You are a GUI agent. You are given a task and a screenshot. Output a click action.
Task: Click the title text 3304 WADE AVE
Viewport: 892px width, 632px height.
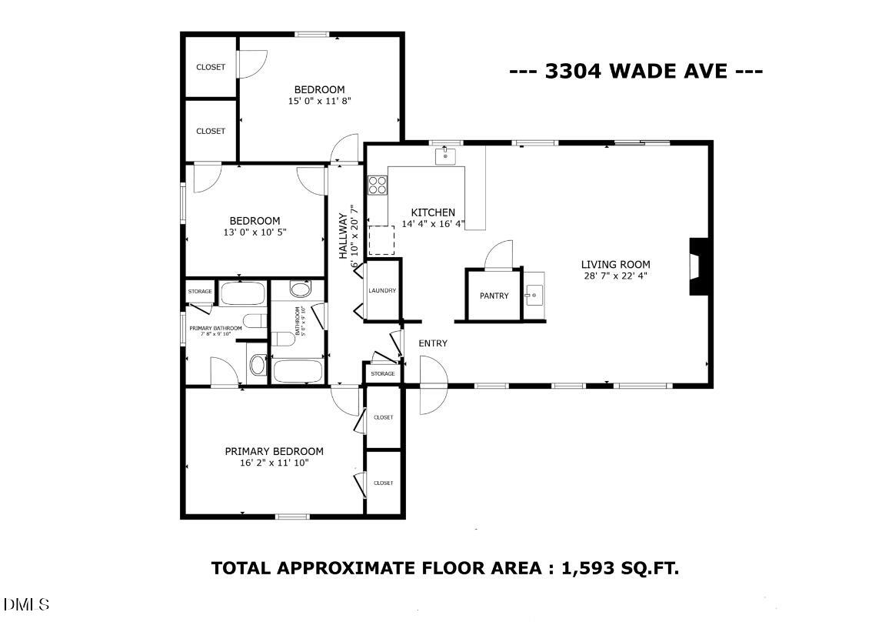636,72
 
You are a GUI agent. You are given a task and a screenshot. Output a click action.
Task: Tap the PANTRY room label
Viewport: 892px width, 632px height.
494,296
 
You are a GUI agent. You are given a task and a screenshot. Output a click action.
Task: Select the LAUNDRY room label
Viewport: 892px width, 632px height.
382,290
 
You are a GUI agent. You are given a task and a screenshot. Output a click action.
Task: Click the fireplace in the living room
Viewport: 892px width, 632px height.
698,266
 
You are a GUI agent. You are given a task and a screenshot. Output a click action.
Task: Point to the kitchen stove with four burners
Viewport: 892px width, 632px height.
377,185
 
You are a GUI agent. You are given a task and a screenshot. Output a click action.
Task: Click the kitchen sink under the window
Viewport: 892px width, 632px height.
445,157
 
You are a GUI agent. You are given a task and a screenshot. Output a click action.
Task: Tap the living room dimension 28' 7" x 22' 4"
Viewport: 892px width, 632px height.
615,276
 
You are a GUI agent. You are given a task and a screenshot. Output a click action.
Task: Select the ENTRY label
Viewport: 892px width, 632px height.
433,343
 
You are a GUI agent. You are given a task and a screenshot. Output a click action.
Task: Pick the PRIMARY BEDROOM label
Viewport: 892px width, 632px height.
274,452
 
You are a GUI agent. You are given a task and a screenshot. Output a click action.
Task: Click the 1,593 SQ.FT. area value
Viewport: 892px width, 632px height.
620,569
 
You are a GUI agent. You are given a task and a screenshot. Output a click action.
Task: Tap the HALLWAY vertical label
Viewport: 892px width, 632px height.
344,236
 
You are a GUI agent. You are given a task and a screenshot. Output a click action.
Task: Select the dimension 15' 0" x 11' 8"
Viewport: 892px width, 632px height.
319,101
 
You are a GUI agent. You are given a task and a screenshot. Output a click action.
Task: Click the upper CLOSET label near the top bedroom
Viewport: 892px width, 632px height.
211,67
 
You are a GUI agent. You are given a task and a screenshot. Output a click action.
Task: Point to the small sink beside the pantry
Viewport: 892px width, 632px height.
534,294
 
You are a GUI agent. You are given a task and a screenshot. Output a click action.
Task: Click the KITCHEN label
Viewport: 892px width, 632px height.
433,212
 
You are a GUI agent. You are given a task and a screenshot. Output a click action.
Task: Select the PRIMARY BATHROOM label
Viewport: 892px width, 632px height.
216,328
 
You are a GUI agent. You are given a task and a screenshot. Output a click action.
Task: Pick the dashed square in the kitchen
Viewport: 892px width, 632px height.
381,240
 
